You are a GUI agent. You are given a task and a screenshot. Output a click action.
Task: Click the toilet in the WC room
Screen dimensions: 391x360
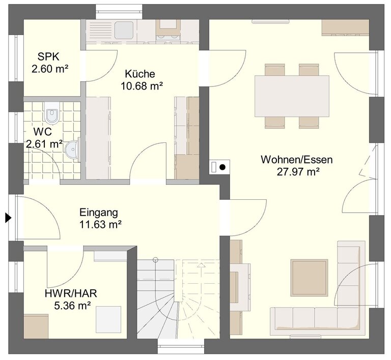click(52, 113)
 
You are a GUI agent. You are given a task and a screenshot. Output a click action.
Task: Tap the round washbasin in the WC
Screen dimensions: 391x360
click(72, 150)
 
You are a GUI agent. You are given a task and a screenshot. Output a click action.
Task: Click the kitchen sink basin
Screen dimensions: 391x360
click(124, 30)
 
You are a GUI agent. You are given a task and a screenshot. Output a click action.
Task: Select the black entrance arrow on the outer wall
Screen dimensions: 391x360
click(9, 218)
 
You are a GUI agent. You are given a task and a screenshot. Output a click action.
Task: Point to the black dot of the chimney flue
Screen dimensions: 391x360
click(222, 167)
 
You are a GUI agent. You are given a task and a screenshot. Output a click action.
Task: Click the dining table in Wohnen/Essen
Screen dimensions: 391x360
click(292, 96)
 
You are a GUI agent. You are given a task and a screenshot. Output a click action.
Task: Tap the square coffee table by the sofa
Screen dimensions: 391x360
click(309, 278)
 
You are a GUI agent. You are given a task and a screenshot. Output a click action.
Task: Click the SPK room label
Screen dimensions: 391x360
click(48, 57)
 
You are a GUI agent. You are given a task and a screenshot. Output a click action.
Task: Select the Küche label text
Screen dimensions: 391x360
click(140, 74)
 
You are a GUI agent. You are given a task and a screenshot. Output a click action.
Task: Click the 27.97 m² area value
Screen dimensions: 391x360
click(298, 172)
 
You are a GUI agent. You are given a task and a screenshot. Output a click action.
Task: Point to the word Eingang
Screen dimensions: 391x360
click(98, 213)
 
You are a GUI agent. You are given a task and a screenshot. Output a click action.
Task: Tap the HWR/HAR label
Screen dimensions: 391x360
click(71, 293)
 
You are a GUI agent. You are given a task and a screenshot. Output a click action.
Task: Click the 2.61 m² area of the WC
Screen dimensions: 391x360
click(44, 144)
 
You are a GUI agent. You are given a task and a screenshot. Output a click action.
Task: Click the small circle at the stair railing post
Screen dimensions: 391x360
click(155, 260)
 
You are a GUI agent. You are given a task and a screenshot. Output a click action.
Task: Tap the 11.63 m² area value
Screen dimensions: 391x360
click(100, 225)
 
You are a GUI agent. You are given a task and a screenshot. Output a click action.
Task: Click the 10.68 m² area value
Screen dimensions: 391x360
click(142, 86)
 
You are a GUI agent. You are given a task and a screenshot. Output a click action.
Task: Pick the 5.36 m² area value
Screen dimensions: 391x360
click(72, 306)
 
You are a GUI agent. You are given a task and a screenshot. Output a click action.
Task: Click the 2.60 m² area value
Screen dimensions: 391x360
click(50, 69)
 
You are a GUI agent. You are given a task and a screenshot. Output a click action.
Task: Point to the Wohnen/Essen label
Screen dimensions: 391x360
click(297, 160)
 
